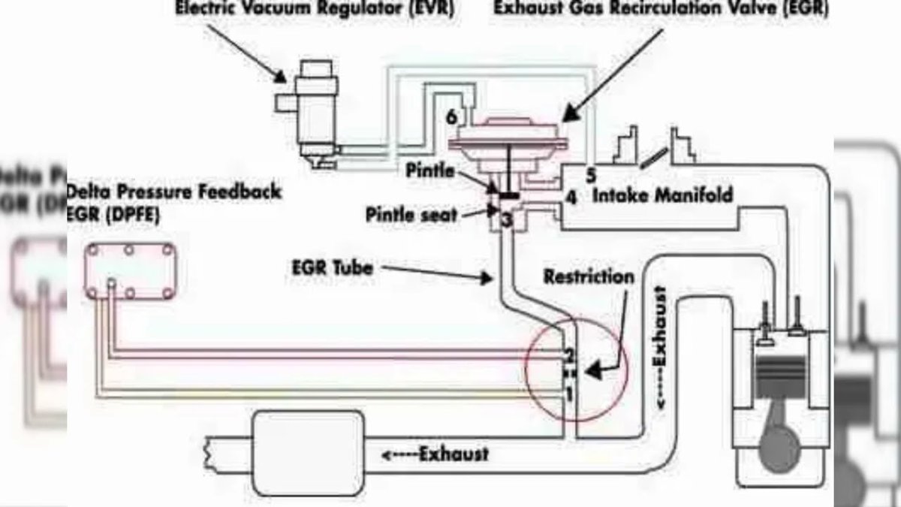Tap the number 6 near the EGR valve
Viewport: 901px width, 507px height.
(450, 117)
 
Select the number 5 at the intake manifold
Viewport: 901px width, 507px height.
(591, 176)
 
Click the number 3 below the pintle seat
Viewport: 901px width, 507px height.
(507, 220)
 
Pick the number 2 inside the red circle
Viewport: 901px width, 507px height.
(569, 355)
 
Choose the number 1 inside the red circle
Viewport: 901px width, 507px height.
(569, 392)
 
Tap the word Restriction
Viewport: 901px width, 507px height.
(588, 277)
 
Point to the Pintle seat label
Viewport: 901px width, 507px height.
(411, 215)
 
